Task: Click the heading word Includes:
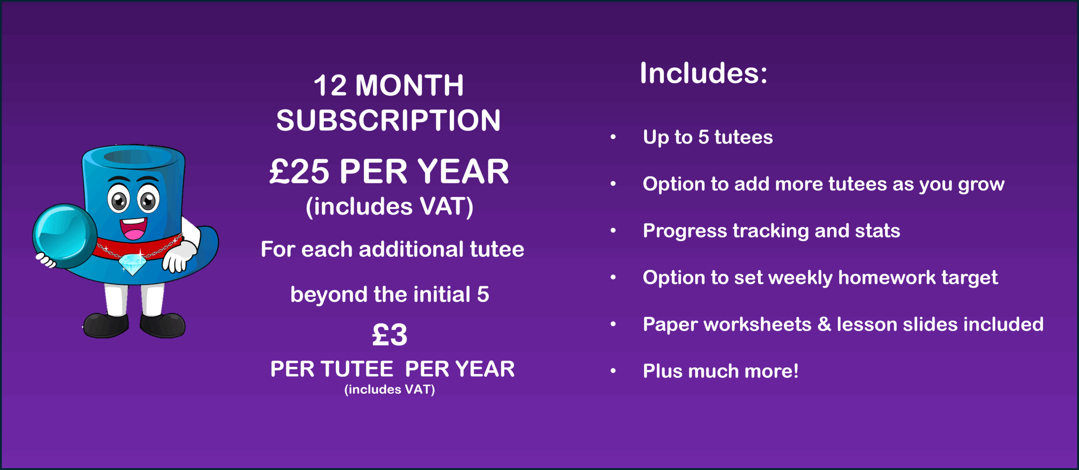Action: click(703, 73)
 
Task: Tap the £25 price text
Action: click(299, 172)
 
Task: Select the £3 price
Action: click(389, 335)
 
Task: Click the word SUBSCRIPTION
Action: click(388, 121)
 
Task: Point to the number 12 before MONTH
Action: click(330, 86)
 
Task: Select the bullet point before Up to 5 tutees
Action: click(613, 137)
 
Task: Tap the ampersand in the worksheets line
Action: click(824, 325)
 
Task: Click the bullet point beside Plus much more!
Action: click(613, 371)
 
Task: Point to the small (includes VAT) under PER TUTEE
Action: click(389, 389)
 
